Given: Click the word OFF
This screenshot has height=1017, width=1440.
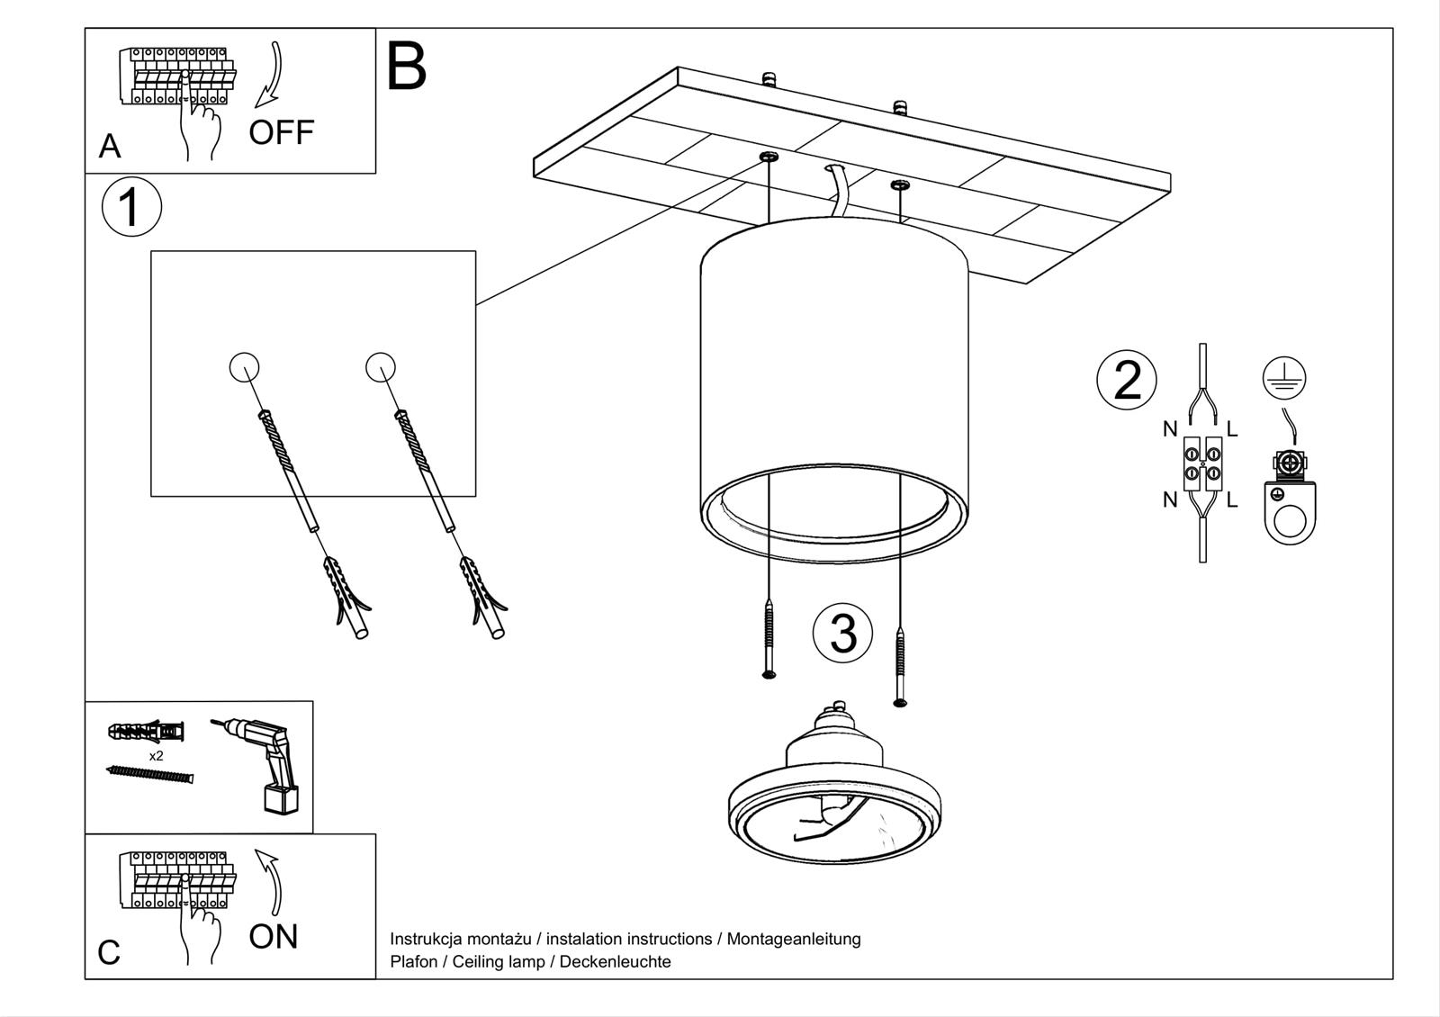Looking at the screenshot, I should tap(281, 132).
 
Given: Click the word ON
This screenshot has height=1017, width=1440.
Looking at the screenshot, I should tap(273, 937).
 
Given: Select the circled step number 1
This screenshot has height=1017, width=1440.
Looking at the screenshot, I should tap(131, 207).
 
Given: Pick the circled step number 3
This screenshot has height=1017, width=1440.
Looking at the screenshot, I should tap(842, 633).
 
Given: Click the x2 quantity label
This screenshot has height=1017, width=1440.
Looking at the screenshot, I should tap(157, 756).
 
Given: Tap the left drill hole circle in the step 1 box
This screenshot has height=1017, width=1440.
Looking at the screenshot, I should tap(245, 367).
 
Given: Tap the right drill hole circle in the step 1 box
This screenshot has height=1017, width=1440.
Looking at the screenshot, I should tap(381, 366).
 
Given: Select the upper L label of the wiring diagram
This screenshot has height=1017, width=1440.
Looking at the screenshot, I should tap(1232, 429).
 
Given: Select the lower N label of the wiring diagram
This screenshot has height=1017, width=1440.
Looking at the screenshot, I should tap(1170, 499).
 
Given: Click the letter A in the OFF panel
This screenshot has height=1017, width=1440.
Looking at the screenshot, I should tap(110, 146).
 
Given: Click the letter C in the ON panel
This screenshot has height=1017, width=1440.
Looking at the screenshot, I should tap(109, 953).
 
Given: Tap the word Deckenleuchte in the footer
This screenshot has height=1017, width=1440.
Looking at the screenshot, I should tap(615, 962).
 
